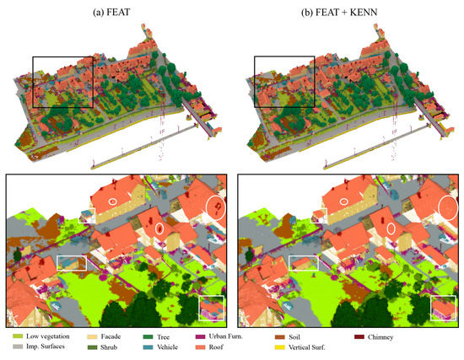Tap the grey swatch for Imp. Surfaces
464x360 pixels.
coord(16,347)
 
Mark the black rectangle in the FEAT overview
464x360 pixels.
coord(62,82)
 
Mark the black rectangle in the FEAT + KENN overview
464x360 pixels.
coord(283,82)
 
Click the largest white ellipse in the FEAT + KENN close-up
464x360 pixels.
coord(448,205)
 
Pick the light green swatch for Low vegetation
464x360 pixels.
coord(16,337)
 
